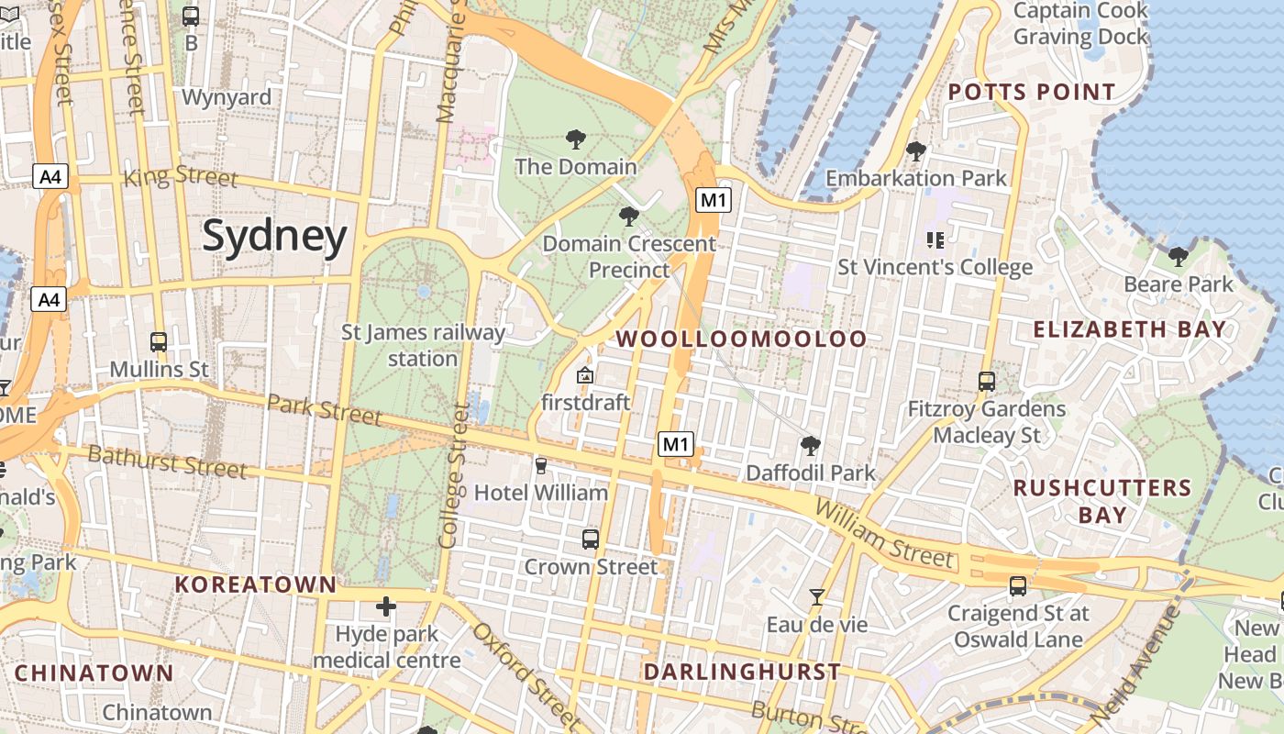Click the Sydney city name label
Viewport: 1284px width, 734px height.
275,236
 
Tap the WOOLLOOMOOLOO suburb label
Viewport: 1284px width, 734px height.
741,339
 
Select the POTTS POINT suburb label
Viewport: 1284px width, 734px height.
1032,92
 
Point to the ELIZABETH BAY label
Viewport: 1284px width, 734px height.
1129,328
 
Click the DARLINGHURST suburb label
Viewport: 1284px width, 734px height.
742,672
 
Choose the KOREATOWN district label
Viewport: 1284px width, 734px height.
256,584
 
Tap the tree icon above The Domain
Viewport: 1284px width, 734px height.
576,139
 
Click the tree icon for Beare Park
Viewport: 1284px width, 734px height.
1179,256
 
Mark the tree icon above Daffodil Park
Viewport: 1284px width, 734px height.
810,446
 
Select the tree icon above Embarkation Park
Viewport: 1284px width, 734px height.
915,151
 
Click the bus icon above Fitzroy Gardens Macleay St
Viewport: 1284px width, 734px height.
987,381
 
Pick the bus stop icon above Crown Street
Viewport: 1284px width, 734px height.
591,539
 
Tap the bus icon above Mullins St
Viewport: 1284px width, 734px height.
159,342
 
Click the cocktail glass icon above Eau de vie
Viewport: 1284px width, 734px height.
816,597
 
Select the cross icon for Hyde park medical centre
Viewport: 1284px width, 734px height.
386,606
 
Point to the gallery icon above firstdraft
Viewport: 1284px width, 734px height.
585,375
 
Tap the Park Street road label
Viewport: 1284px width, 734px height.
325,409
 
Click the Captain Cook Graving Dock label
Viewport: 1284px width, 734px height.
1080,24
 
